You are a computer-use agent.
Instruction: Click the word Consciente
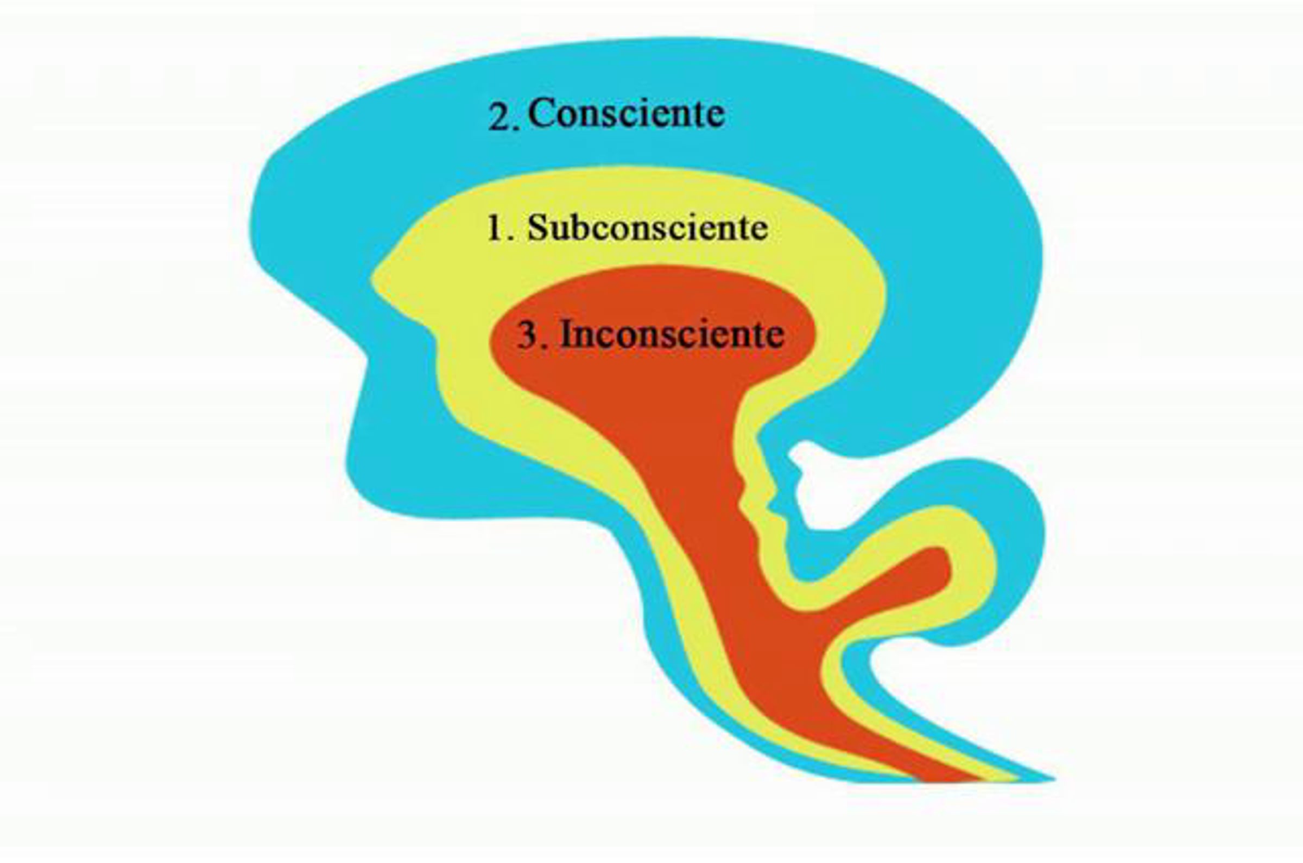pos(626,113)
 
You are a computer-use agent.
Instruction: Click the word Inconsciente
pos(672,334)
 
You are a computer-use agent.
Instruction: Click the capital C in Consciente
pos(543,113)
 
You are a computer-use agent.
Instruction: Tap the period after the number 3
pos(545,347)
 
